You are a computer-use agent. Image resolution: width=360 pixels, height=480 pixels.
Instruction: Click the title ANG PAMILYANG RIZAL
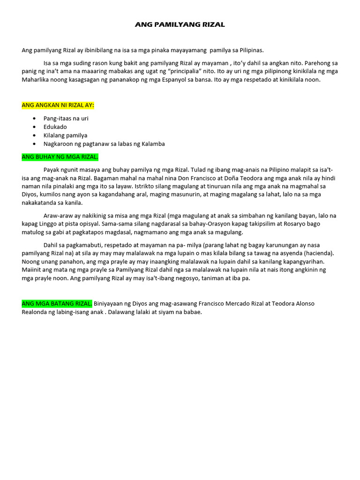pyautogui.click(x=180, y=24)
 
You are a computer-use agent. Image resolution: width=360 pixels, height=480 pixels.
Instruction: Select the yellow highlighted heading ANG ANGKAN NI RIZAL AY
pyautogui.click(x=58, y=105)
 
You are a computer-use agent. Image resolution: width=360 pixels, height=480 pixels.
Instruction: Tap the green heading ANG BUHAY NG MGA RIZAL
pyautogui.click(x=60, y=157)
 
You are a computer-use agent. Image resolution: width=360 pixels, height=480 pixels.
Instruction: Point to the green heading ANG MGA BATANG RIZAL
pyautogui.click(x=57, y=303)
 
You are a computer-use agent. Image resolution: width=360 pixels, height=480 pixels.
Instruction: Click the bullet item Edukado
pyautogui.click(x=55, y=127)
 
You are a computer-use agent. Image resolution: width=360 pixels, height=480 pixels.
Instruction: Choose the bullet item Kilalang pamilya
pyautogui.click(x=65, y=135)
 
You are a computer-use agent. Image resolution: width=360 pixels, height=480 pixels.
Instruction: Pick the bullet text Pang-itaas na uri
pyautogui.click(x=66, y=118)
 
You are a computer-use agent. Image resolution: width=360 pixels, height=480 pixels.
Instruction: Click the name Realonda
pyautogui.click(x=36, y=312)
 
